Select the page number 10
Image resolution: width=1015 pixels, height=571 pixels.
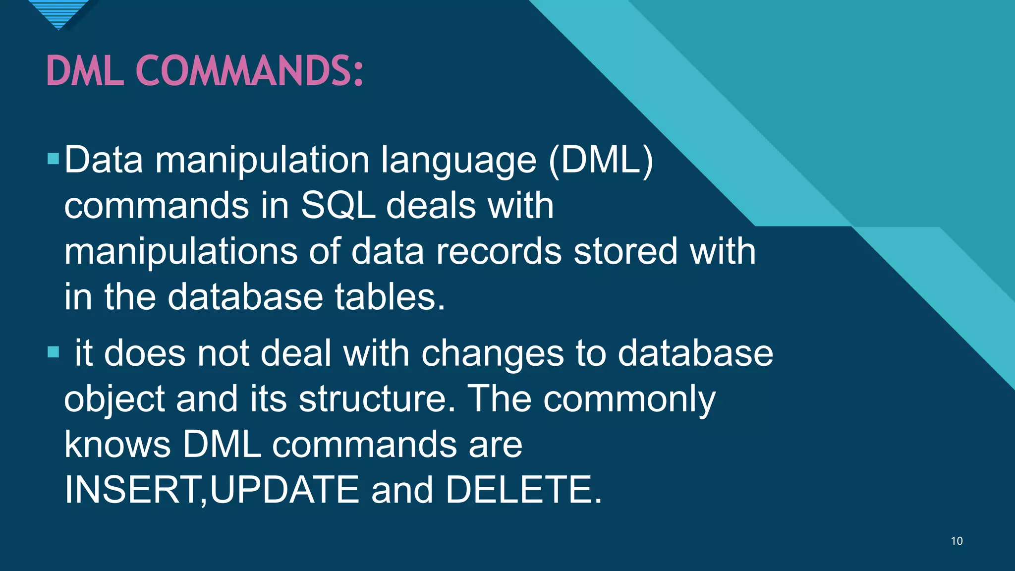957,541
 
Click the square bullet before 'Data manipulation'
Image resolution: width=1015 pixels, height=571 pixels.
53,159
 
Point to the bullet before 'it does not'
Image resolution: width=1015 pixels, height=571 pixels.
53,352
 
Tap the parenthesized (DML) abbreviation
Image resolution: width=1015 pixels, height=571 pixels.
601,160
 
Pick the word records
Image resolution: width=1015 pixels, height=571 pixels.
499,251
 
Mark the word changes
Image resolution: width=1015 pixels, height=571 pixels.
492,354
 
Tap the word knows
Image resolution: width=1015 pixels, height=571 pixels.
117,444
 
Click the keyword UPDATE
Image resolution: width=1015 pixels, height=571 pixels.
284,490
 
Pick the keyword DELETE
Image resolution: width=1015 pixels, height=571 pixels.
523,490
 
